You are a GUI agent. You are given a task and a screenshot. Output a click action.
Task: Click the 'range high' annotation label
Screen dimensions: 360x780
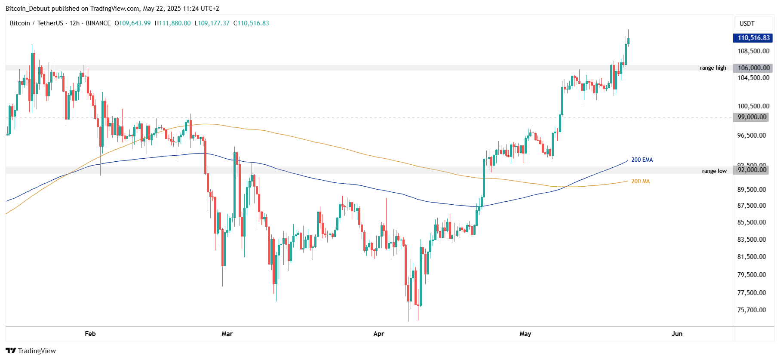click(x=712, y=68)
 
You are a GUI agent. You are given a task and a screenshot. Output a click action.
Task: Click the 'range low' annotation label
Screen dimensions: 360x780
click(x=714, y=171)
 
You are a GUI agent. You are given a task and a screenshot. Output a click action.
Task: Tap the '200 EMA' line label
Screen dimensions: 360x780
click(x=642, y=160)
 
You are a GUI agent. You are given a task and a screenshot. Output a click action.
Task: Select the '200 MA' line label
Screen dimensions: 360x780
click(x=640, y=182)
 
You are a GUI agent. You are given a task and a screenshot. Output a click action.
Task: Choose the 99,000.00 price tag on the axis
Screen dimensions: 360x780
click(x=752, y=117)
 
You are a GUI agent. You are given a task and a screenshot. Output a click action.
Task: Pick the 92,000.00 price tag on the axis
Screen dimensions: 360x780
click(x=752, y=170)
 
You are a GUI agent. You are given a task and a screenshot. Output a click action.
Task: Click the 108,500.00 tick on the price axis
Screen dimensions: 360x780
click(x=753, y=51)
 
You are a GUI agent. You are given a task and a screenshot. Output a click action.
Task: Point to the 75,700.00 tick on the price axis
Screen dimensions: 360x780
click(x=752, y=310)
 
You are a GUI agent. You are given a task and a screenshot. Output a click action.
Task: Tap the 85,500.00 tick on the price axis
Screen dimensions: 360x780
click(x=752, y=222)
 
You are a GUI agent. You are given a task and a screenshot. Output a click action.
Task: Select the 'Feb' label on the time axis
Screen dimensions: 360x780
click(x=90, y=334)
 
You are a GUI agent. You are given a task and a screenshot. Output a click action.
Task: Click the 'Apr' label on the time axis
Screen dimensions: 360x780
click(x=378, y=334)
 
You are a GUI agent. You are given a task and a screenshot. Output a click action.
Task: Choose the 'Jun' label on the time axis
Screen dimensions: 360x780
click(x=677, y=334)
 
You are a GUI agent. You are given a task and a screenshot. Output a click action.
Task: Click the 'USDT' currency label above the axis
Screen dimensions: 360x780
click(x=747, y=24)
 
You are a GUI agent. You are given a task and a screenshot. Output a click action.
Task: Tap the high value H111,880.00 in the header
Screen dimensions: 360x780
click(x=172, y=23)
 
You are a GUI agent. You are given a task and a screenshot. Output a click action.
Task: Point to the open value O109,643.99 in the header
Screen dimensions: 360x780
click(x=132, y=23)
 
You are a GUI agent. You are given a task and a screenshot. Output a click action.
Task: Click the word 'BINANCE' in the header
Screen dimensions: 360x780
click(x=98, y=23)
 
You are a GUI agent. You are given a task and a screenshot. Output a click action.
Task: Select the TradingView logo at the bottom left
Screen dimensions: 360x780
click(x=31, y=351)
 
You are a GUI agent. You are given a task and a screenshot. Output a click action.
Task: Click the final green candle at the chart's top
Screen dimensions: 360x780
click(x=628, y=41)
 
